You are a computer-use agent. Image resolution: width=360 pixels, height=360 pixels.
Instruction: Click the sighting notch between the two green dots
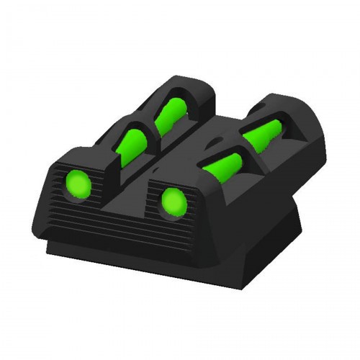click(x=124, y=189)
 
